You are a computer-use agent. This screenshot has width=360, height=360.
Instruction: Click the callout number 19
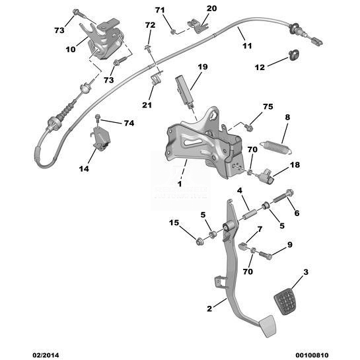click(x=203, y=67)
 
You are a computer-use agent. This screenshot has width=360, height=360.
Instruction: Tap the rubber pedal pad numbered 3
click(x=285, y=301)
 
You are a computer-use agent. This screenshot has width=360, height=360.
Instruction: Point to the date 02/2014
click(x=46, y=355)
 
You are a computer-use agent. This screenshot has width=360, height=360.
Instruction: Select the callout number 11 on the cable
click(x=247, y=46)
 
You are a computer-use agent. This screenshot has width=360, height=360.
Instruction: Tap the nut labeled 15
click(x=199, y=242)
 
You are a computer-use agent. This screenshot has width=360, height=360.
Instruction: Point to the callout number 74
click(x=129, y=124)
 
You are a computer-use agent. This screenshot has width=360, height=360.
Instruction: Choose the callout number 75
click(x=268, y=106)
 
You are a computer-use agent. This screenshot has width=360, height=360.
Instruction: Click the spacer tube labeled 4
click(x=249, y=214)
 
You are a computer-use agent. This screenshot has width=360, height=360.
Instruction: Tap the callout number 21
click(x=147, y=105)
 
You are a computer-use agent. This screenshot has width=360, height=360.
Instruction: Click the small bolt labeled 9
click(x=266, y=256)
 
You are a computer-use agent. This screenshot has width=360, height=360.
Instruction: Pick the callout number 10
click(x=71, y=49)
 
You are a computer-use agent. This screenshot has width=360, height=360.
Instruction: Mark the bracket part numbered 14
click(x=102, y=139)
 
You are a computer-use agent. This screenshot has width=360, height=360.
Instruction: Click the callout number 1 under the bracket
click(x=180, y=184)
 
